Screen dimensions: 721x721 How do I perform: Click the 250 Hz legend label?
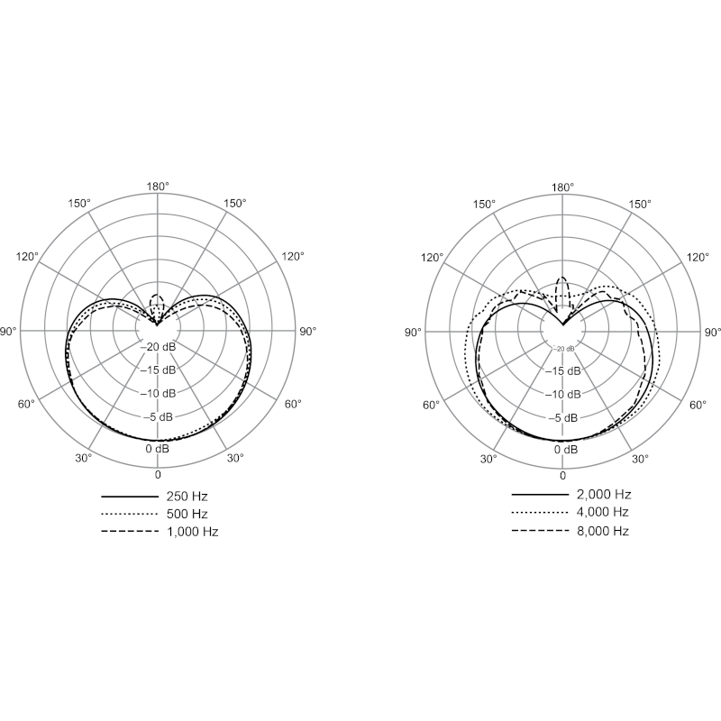(x=187, y=497)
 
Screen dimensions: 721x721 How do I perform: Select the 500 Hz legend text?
(x=187, y=514)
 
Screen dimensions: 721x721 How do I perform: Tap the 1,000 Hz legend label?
(x=192, y=532)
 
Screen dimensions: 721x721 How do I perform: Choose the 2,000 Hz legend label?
(x=604, y=495)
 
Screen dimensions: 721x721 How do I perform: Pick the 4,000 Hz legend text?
(x=602, y=512)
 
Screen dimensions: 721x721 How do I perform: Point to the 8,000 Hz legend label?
(x=602, y=531)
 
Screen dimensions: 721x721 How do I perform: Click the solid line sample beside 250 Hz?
(x=129, y=497)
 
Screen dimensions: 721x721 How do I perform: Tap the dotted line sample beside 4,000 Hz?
(x=540, y=512)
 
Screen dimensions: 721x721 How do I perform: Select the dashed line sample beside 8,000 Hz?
(x=540, y=531)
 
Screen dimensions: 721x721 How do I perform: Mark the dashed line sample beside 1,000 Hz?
(x=129, y=532)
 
